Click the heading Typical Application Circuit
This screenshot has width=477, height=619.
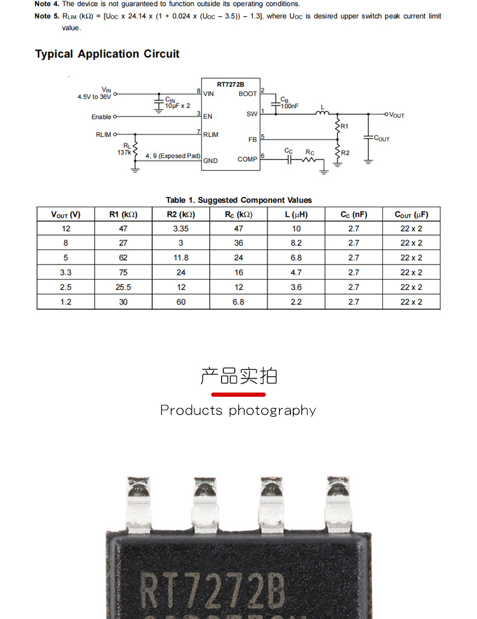pos(107,54)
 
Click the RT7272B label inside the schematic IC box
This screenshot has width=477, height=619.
pos(230,84)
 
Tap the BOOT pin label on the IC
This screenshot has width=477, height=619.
pos(248,94)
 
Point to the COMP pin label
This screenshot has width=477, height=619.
pos(247,159)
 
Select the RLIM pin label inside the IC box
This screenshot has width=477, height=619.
pos(211,134)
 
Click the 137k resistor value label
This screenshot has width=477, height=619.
pos(124,153)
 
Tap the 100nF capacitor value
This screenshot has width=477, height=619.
pos(289,106)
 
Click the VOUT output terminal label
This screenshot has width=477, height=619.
pos(397,115)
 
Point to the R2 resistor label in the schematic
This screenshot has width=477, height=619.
pos(345,153)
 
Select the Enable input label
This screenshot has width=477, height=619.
pos(101,117)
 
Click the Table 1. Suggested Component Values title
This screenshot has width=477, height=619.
pos(238,200)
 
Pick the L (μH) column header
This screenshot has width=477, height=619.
pos(296,214)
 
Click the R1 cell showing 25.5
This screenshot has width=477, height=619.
pos(123,287)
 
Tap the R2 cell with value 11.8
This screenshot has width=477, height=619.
pos(181,258)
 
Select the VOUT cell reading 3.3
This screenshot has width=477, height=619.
pos(66,272)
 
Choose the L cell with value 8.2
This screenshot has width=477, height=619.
pos(296,243)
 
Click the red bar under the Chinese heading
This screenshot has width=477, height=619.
pos(238,394)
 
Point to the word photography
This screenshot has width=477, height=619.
pos(272,411)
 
